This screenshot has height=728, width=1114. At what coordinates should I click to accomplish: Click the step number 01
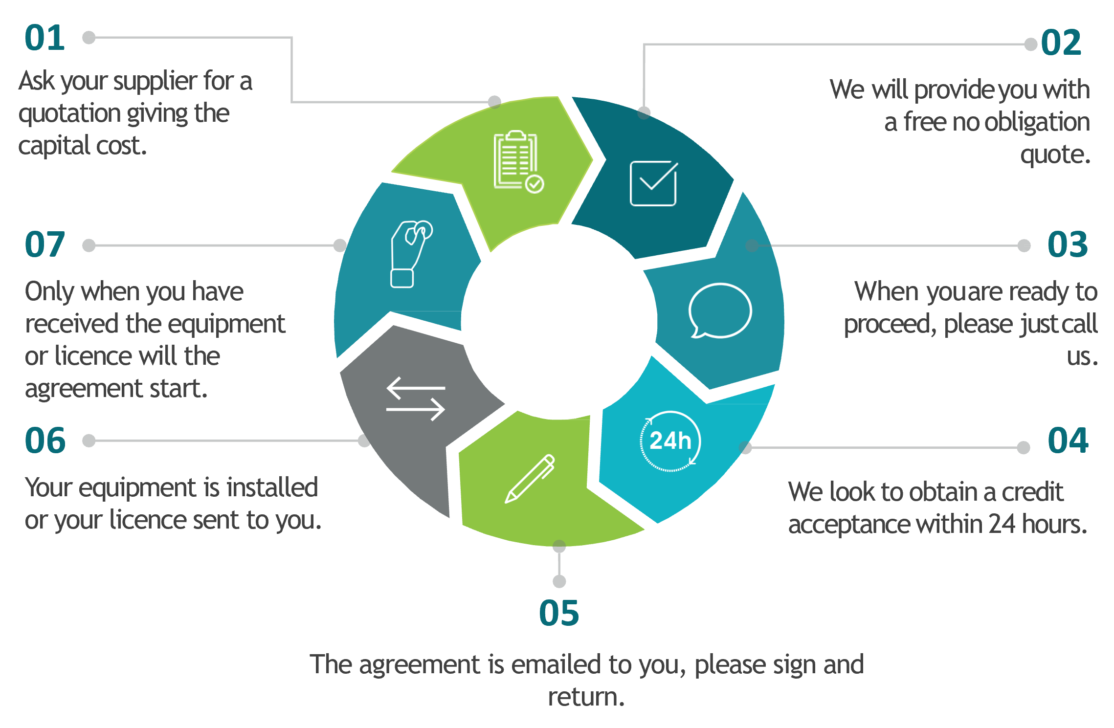click(x=45, y=38)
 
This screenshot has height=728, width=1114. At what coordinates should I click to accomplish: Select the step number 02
click(x=1061, y=43)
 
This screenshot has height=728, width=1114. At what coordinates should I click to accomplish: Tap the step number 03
click(x=1068, y=244)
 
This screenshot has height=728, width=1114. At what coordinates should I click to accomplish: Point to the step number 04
click(x=1068, y=441)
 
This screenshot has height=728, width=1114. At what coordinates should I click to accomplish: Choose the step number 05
click(x=559, y=613)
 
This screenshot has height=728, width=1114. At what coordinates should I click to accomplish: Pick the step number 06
click(x=45, y=441)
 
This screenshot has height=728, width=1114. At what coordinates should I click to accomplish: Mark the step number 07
click(x=45, y=244)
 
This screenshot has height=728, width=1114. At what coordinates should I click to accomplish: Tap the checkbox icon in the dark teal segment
click(x=654, y=183)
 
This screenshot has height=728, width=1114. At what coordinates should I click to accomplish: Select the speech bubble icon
click(x=720, y=310)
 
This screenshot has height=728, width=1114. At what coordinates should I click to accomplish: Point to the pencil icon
click(x=530, y=479)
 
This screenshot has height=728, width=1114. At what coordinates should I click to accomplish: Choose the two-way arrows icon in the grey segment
click(x=416, y=398)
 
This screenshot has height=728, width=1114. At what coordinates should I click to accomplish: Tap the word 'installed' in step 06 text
click(x=272, y=487)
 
